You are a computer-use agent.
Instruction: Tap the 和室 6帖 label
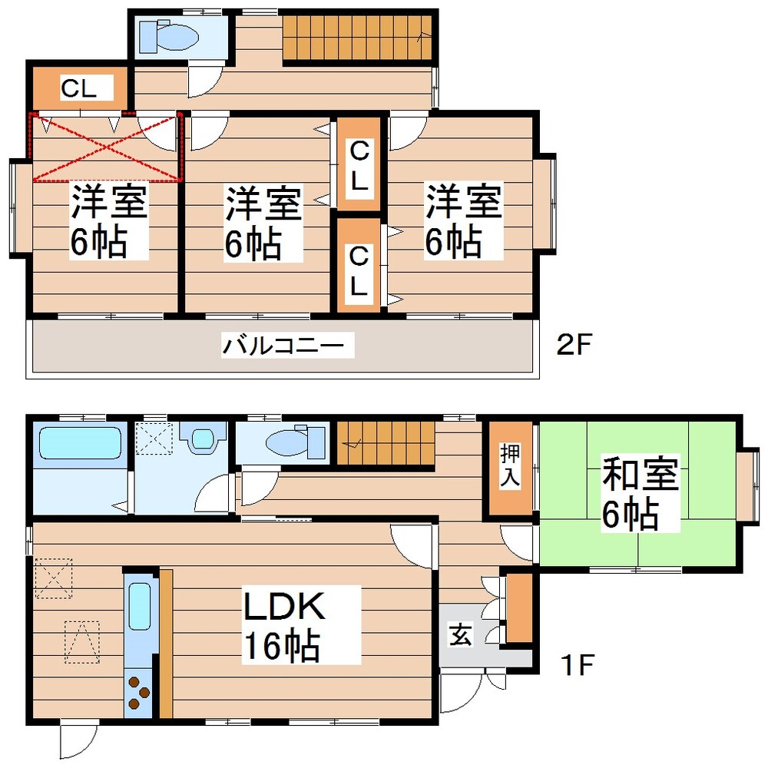640,494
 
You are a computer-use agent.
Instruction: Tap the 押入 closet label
510,465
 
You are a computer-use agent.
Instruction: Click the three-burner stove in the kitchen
139,691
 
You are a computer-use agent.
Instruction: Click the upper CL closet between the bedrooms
358,165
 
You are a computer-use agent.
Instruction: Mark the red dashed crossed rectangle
106,147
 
